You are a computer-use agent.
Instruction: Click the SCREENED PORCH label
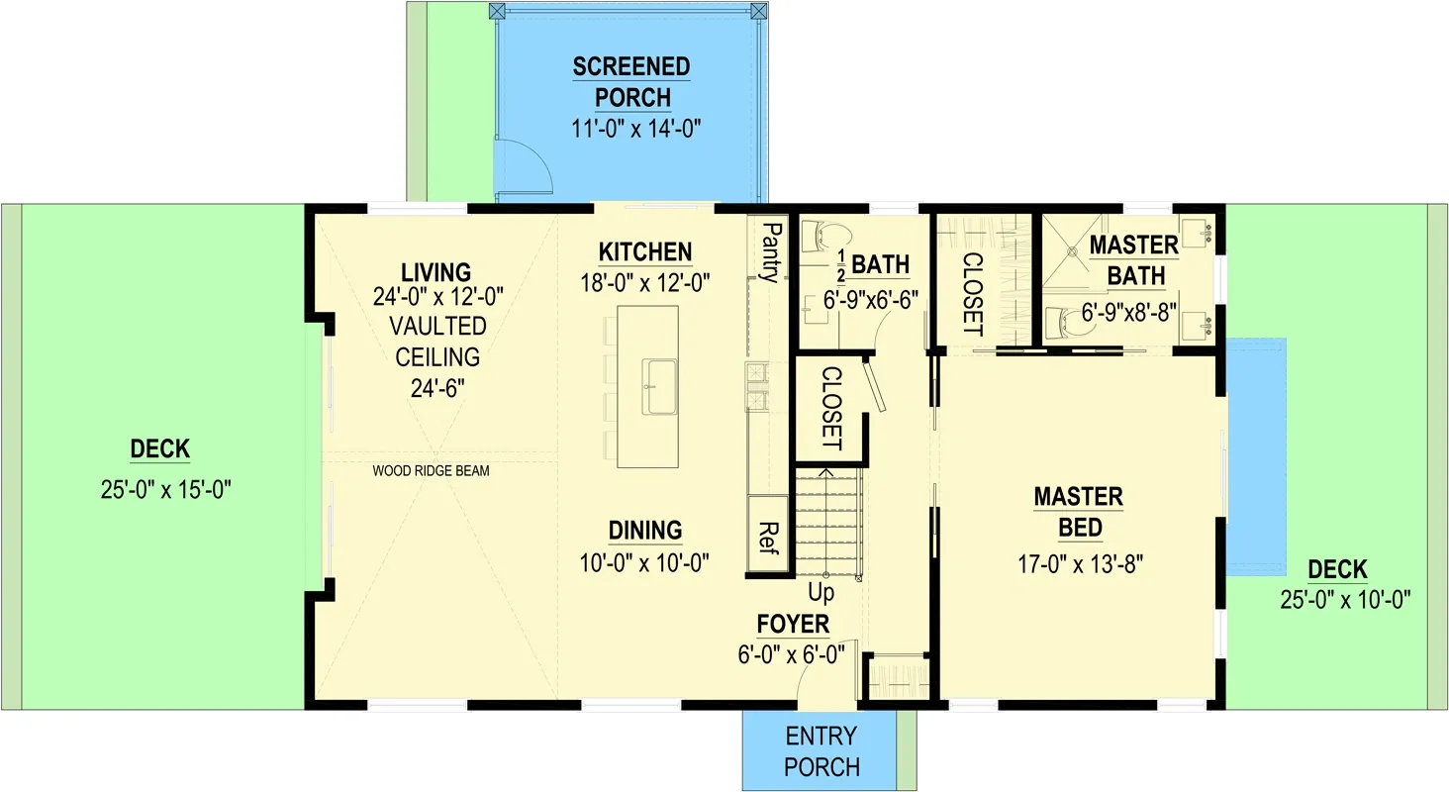pos(630,82)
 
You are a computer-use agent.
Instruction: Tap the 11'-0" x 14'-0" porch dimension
pos(630,130)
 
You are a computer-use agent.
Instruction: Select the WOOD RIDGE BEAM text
pos(431,471)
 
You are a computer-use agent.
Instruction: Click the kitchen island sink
pos(660,387)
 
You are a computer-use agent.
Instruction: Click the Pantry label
pos(770,252)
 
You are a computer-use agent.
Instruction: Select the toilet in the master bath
pos(1071,322)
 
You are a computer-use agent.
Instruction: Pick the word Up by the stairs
pos(821,593)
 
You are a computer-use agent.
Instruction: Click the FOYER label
pos(793,625)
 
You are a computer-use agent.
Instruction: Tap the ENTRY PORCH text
pos(821,751)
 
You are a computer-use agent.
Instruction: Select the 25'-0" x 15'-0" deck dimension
pos(159,489)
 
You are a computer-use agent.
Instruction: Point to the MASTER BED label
pos(1078,512)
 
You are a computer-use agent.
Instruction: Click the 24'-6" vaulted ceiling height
pos(436,387)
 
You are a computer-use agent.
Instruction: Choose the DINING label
pos(645,531)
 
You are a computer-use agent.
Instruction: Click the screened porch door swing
pos(522,166)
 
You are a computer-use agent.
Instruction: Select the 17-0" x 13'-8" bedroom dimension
pos(1080,564)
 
